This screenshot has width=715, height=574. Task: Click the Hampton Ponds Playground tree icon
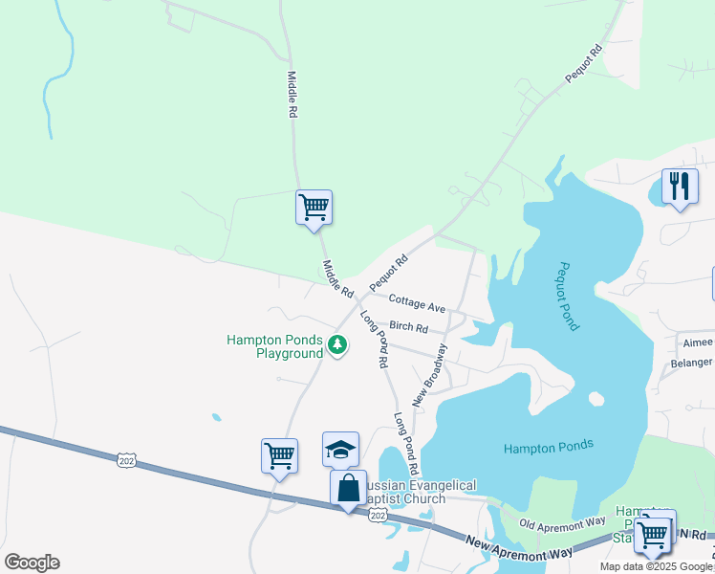click(x=336, y=344)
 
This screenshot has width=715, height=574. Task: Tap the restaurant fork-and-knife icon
click(x=679, y=186)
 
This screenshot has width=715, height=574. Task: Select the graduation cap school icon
click(x=340, y=449)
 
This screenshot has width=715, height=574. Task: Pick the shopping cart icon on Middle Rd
click(x=314, y=207)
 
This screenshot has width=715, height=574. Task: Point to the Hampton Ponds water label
click(x=549, y=446)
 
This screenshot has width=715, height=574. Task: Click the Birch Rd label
click(x=408, y=327)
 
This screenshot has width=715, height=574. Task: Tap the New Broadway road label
click(x=429, y=374)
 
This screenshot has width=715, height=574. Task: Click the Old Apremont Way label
click(x=563, y=523)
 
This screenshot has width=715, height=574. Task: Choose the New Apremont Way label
click(x=520, y=548)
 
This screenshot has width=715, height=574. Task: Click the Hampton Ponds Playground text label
click(x=275, y=346)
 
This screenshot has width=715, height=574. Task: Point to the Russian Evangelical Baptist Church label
click(x=411, y=492)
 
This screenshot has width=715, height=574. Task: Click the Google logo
click(x=32, y=563)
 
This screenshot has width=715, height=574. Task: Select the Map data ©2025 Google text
click(x=656, y=566)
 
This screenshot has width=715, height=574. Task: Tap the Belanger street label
click(x=691, y=363)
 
